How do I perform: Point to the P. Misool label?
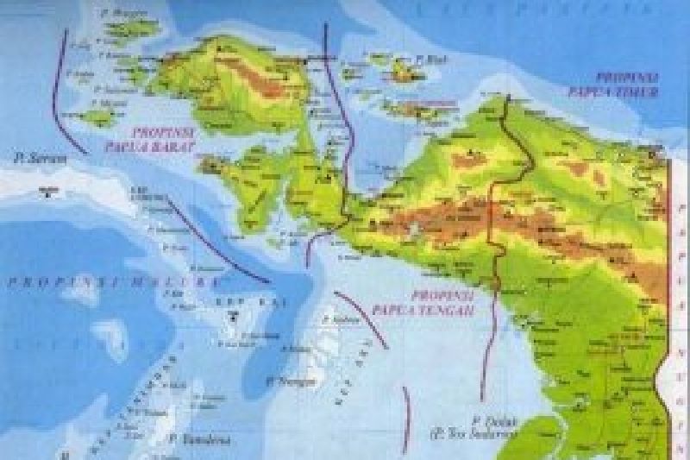click(110, 103)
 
